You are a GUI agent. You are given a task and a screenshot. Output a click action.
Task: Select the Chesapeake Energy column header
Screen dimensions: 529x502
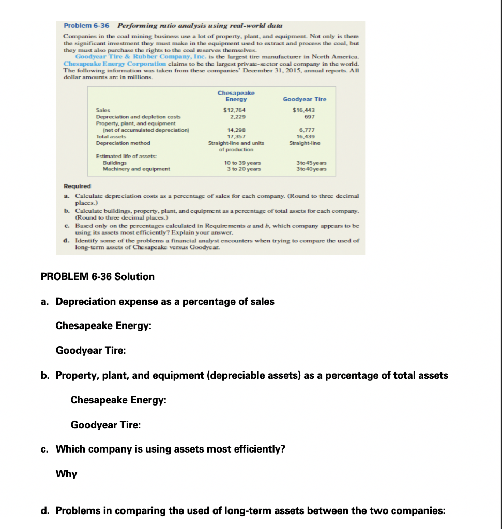[236, 96]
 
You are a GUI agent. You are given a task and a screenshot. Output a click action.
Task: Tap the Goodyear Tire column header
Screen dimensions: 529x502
[305, 99]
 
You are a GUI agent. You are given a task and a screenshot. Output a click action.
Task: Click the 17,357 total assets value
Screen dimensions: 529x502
[236, 137]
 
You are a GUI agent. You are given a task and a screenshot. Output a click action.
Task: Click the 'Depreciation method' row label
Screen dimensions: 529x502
[123, 143]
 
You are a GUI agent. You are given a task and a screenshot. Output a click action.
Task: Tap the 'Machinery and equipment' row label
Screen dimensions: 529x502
[136, 169]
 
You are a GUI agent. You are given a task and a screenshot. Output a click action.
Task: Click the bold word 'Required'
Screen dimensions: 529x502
[77, 186]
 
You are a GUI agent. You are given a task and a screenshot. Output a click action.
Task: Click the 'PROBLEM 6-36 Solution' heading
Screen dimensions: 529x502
[97, 277]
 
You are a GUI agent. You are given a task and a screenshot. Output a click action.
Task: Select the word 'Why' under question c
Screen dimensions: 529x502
[66, 474]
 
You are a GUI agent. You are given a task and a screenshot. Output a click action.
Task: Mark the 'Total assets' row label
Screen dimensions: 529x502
[111, 137]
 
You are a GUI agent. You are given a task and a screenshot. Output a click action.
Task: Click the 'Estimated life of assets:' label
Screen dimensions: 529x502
[123, 156]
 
